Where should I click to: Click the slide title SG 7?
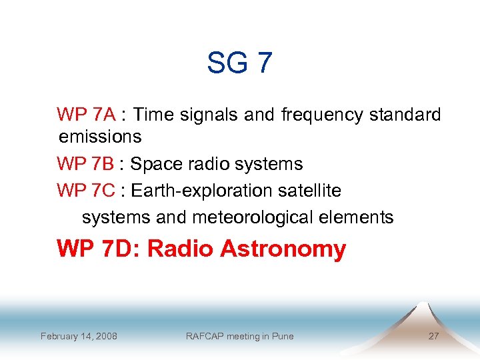[239, 63]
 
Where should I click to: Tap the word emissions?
[100, 137]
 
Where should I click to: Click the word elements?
[359, 217]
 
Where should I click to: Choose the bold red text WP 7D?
[99, 249]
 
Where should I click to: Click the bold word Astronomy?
[283, 249]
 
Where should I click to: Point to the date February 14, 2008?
[79, 336]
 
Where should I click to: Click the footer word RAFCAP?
[205, 336]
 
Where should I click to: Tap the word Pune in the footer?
[282, 336]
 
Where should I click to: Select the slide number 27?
[433, 336]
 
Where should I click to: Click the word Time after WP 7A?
[154, 115]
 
